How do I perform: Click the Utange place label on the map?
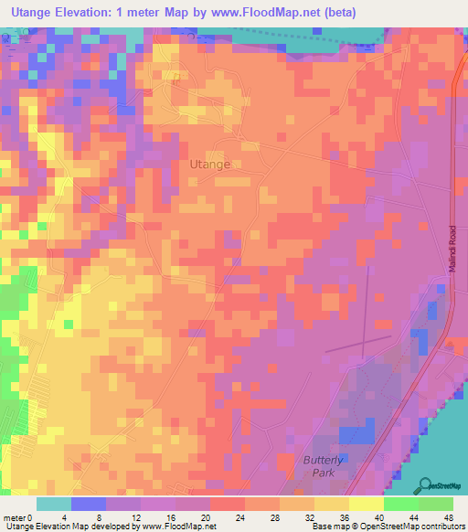tap(209, 165)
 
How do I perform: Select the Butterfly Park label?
tap(324, 466)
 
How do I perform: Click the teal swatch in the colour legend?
tap(54, 504)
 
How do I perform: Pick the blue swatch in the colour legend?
tap(89, 504)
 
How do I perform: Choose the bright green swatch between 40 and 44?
tap(401, 504)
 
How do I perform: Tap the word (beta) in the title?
tap(336, 12)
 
